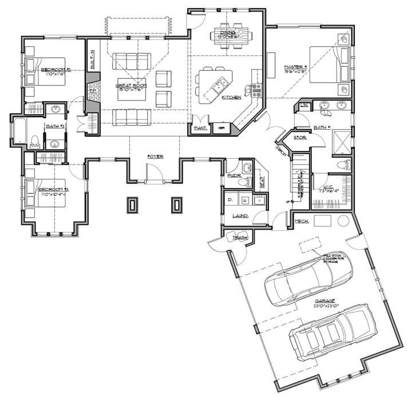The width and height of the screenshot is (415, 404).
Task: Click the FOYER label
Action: point(155,155)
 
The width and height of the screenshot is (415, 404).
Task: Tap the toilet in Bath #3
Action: point(34,141)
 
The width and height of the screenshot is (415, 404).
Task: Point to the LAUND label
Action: point(240,215)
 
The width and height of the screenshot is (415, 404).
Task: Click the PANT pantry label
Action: point(200,129)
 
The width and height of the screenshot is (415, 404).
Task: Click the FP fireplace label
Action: point(90,90)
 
